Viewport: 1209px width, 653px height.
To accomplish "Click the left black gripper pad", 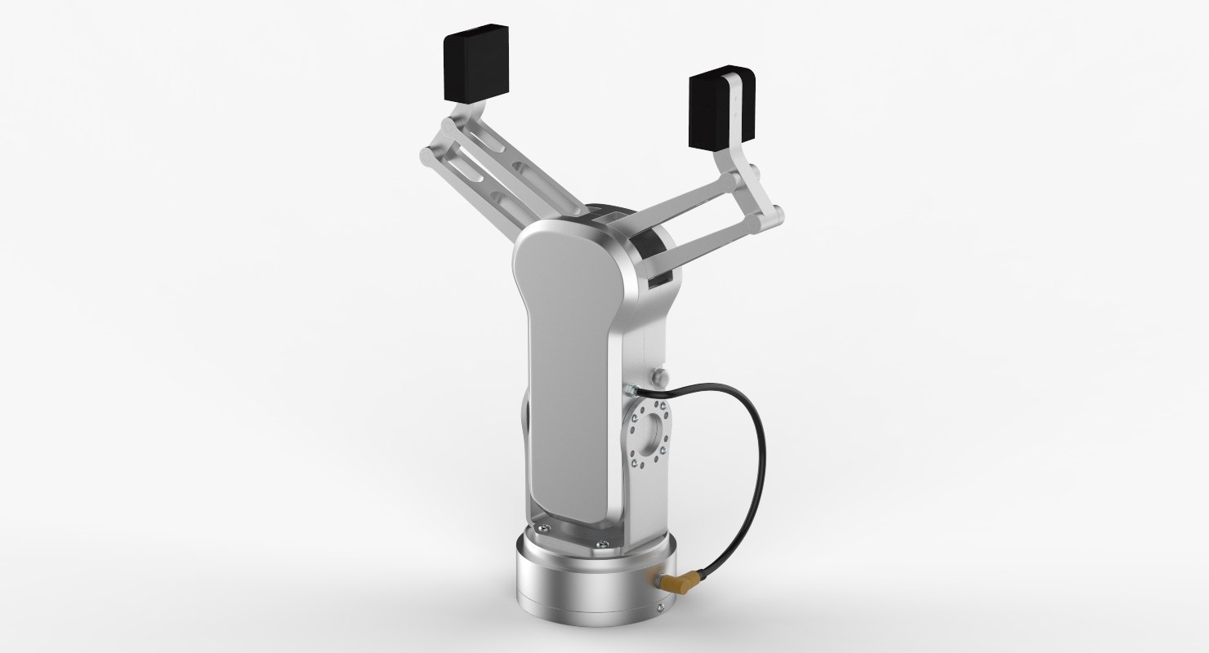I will (475, 65).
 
